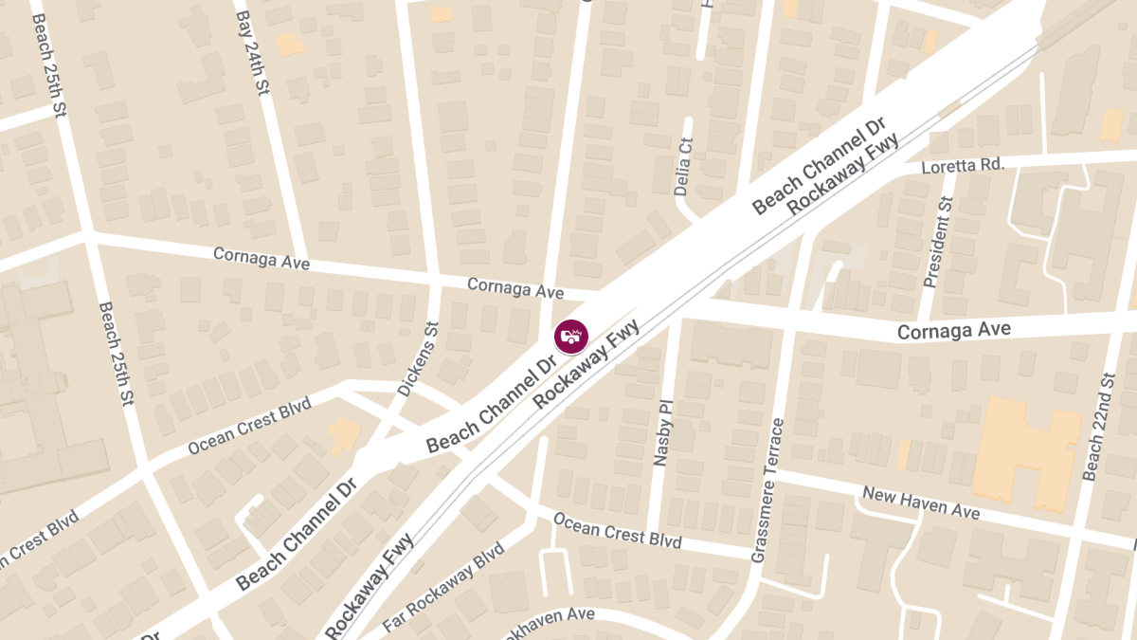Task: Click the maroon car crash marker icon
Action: coord(571,337)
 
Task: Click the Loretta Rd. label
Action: coord(963,166)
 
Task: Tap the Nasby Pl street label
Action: coord(662,431)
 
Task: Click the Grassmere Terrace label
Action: coord(768,490)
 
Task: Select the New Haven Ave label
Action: coord(919,503)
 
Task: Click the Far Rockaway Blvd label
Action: coord(443,588)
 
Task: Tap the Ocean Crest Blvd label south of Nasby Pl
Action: coord(617,530)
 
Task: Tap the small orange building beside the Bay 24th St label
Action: coord(290,44)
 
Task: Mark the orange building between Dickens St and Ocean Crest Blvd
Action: coord(343,435)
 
